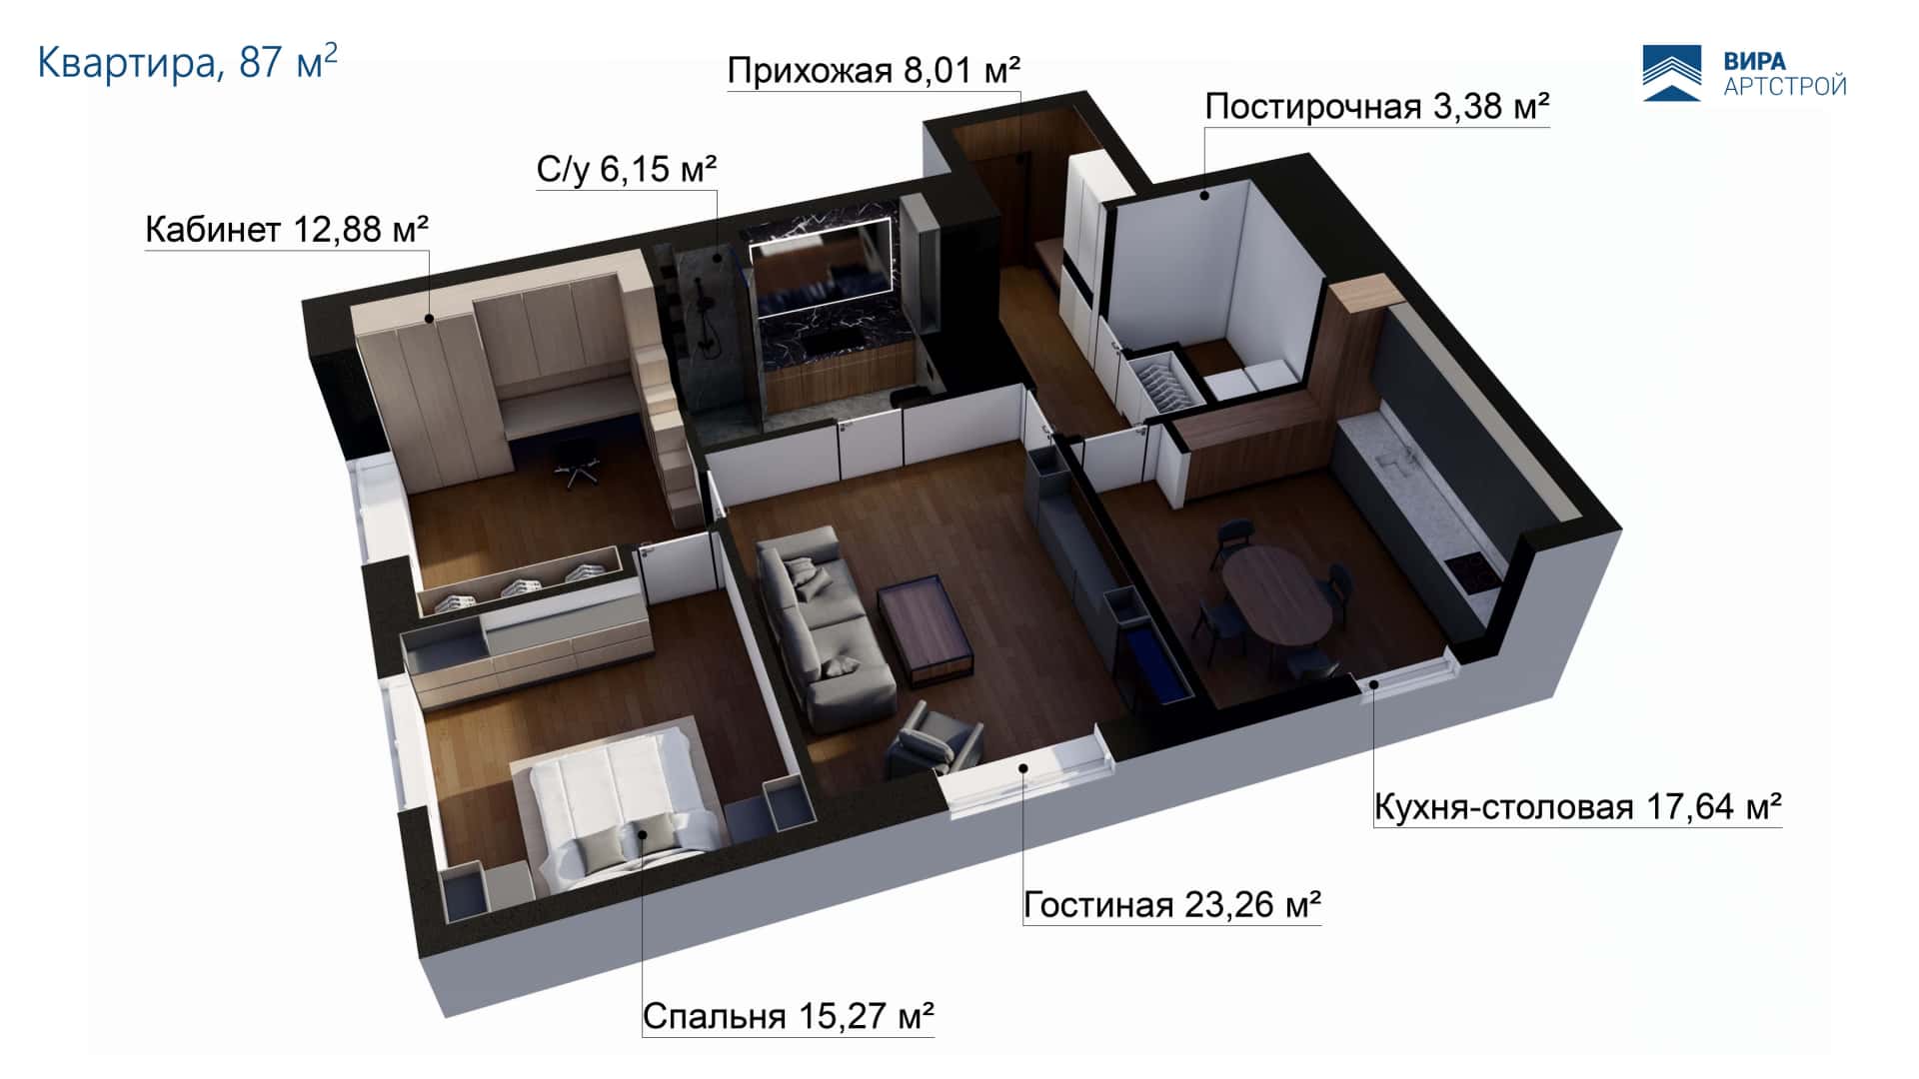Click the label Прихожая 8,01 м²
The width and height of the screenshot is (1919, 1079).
click(874, 71)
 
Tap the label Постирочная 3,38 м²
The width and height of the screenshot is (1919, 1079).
click(1376, 106)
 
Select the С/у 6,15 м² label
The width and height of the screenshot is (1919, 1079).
click(627, 169)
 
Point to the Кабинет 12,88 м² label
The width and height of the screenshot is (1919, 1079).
click(287, 230)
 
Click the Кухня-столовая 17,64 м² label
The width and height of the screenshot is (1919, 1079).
click(1578, 806)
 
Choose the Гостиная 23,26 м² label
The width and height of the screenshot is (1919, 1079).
click(1172, 905)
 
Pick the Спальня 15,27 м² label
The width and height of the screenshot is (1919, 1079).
click(788, 1016)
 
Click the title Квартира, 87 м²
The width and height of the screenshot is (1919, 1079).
click(188, 62)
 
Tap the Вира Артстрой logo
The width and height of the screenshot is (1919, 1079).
click(1745, 73)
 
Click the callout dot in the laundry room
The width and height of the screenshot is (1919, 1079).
click(1205, 195)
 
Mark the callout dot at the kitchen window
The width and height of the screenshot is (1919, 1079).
click(1374, 684)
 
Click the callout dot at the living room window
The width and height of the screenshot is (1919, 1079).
click(1023, 767)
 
